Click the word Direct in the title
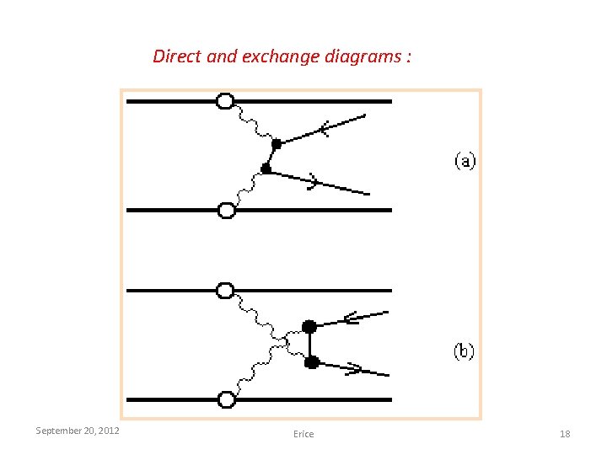click(x=177, y=57)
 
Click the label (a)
click(x=465, y=160)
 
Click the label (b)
click(x=465, y=351)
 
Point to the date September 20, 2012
click(x=78, y=431)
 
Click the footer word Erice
click(x=303, y=434)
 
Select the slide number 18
click(x=565, y=434)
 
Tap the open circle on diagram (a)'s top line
click(x=225, y=101)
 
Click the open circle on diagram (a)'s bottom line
click(x=226, y=210)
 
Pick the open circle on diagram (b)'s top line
click(x=225, y=291)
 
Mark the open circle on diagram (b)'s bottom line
click(x=226, y=399)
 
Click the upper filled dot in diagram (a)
click(x=276, y=143)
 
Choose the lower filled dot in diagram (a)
click(x=266, y=169)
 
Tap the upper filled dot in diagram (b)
click(x=309, y=326)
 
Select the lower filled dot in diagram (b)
click(x=311, y=362)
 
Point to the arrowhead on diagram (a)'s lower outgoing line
click(x=313, y=180)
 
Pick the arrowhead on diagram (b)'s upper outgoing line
click(x=351, y=318)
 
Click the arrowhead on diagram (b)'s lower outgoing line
click(x=353, y=369)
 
